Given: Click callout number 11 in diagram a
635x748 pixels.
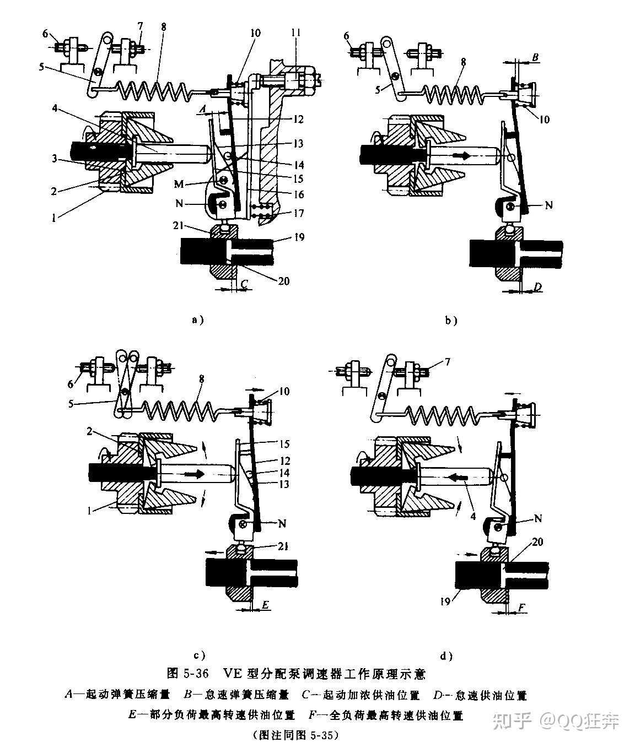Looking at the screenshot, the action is (296, 32).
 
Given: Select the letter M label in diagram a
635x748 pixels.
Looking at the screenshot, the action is (179, 184).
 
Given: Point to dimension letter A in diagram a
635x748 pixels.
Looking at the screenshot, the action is (203, 108).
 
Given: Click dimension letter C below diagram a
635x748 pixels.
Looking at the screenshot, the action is (245, 284).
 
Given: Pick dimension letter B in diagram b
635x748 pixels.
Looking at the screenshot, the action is (535, 57).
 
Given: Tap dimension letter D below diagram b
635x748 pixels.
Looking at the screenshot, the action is (539, 287).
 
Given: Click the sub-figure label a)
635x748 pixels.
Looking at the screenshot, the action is (198, 319).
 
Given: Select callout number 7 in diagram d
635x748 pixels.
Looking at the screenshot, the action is (448, 361).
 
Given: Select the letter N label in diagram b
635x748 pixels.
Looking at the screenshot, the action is (549, 205).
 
